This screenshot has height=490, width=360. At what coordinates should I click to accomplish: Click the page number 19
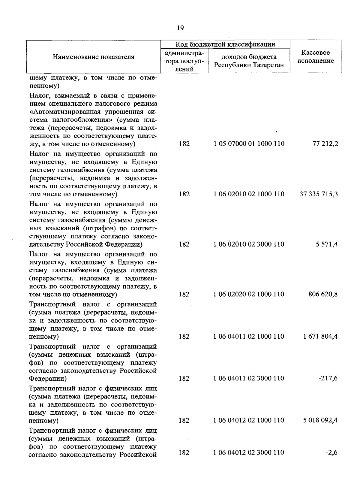click(180, 28)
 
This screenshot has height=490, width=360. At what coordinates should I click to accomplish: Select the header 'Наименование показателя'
click(94, 57)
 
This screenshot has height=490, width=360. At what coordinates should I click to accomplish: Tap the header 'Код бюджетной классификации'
click(225, 44)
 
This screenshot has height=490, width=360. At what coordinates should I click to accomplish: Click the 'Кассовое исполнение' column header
click(316, 57)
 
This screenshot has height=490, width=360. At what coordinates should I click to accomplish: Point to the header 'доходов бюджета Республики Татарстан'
click(249, 61)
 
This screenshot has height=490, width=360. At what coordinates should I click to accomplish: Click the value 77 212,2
click(325, 144)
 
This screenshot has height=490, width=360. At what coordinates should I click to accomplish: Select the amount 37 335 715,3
click(319, 194)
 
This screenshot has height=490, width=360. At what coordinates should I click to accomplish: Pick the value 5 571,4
click(327, 244)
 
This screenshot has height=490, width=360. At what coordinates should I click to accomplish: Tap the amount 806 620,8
click(323, 294)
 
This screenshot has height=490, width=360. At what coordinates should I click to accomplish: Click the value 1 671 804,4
click(320, 336)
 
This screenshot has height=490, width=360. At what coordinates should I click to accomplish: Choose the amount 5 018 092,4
click(320, 420)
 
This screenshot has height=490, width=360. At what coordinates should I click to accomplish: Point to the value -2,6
click(332, 452)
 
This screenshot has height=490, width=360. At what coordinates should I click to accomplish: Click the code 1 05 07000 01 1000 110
click(249, 144)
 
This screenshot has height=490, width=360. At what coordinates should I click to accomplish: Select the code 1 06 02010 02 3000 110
click(249, 244)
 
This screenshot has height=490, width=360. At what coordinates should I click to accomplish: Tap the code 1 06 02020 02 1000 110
click(249, 294)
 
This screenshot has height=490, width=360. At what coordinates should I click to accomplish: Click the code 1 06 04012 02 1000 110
click(249, 420)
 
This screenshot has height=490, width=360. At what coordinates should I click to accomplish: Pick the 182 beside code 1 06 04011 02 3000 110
click(184, 378)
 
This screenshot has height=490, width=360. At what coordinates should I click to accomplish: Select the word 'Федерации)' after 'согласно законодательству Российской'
click(48, 379)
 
